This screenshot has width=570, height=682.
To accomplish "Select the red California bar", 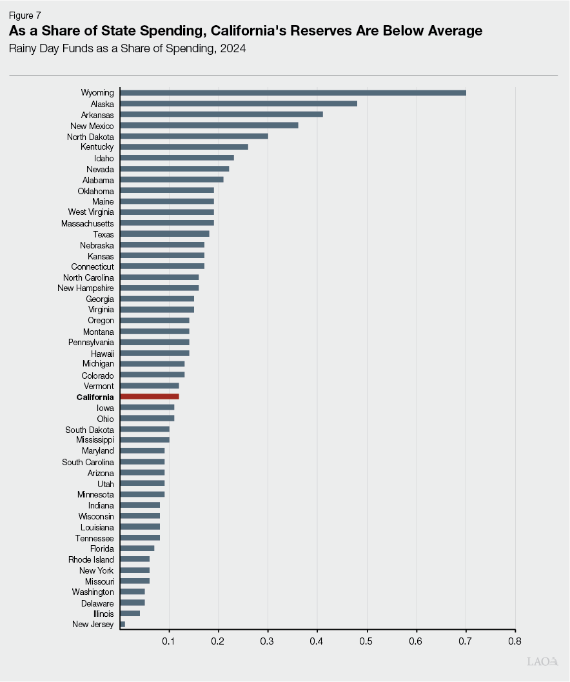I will click(x=150, y=397).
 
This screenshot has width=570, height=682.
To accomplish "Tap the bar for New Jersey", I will click(x=123, y=625).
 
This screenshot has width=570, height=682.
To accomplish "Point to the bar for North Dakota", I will click(x=194, y=136).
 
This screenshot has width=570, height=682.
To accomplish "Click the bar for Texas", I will click(x=164, y=234).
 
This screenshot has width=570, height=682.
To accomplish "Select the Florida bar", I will click(x=137, y=548).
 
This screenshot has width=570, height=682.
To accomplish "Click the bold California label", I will click(x=95, y=397).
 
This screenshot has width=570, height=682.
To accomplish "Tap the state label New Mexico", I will click(x=92, y=126).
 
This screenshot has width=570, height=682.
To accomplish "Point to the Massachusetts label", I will click(x=88, y=223).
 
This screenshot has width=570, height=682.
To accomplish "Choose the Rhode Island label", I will click(x=91, y=559).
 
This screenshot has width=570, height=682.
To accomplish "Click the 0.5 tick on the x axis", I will click(x=367, y=641).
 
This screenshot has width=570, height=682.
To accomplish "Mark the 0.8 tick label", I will click(x=515, y=641).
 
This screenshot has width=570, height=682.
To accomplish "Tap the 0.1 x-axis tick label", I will click(x=169, y=641).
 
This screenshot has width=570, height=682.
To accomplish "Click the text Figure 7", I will click(x=25, y=15).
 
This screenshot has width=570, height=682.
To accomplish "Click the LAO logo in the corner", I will click(x=542, y=661).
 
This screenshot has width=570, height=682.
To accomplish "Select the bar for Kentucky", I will click(x=184, y=146).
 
